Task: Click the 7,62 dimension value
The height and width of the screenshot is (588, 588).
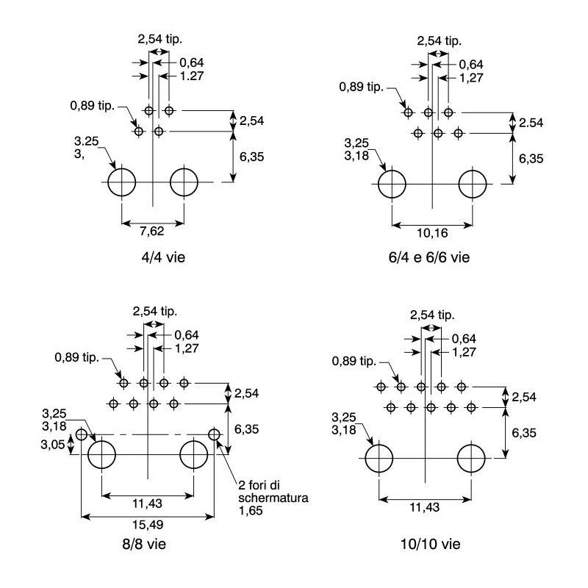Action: pyautogui.click(x=152, y=231)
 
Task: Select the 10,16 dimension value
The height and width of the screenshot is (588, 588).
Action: pyautogui.click(x=432, y=233)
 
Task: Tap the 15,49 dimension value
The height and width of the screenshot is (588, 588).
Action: pyautogui.click(x=148, y=525)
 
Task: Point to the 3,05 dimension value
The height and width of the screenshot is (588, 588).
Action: pyautogui.click(x=53, y=445)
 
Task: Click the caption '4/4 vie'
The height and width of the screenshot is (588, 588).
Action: pyautogui.click(x=163, y=257)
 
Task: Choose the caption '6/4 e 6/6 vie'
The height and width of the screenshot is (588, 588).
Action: pyautogui.click(x=429, y=257)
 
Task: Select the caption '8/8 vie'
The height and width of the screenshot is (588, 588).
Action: pyautogui.click(x=144, y=544)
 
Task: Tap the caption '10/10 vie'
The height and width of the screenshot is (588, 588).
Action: pyautogui.click(x=431, y=544)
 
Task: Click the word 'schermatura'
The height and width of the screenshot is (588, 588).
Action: pyautogui.click(x=273, y=498)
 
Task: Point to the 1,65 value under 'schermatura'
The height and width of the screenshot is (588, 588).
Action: pyautogui.click(x=251, y=511)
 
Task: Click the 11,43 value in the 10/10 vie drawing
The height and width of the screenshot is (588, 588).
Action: pyautogui.click(x=425, y=507)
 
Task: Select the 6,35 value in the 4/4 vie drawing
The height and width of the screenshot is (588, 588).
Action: pyautogui.click(x=251, y=157)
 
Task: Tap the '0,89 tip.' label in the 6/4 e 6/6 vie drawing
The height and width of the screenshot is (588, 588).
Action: pyautogui.click(x=361, y=87)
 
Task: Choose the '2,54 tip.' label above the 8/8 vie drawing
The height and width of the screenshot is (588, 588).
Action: pyautogui.click(x=155, y=311)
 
